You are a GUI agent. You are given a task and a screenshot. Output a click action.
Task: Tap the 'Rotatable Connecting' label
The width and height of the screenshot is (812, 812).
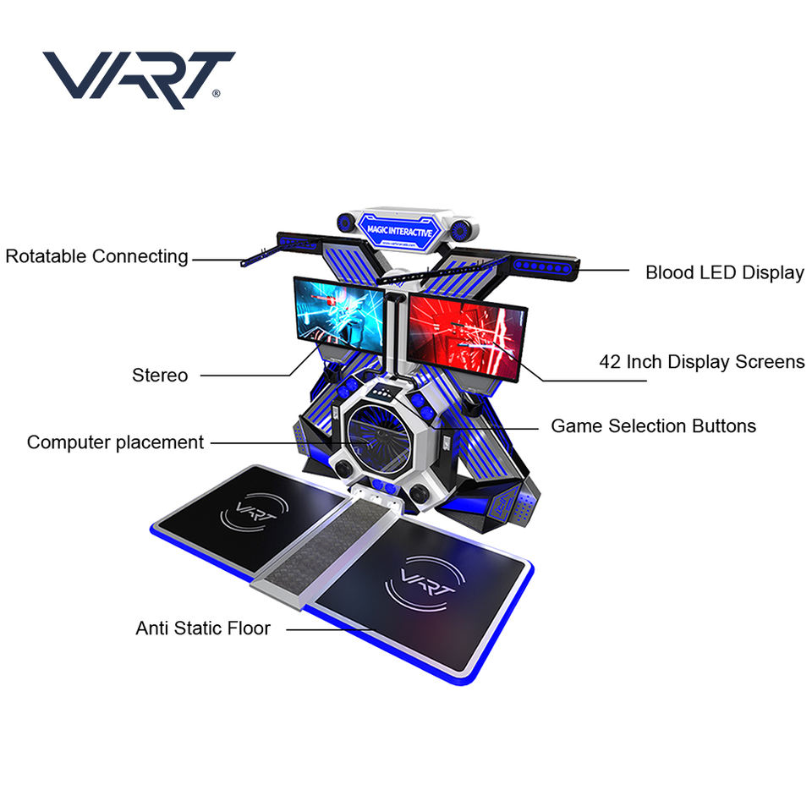pos(96,256)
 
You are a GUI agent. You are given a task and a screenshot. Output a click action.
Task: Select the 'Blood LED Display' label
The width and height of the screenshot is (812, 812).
pos(724,272)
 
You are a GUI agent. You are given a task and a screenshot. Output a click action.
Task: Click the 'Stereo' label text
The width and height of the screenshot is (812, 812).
pos(160,375)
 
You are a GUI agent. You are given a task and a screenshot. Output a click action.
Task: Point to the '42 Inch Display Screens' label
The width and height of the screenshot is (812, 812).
pos(702,362)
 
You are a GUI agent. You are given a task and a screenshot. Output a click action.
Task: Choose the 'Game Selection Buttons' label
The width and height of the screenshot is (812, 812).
pos(653,425)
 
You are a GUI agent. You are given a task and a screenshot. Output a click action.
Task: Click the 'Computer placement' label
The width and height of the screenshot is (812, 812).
pos(115,442)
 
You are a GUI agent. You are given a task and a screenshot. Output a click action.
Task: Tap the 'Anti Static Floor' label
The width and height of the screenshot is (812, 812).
pos(203,628)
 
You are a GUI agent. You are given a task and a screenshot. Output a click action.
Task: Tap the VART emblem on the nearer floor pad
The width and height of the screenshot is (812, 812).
pos(420,583)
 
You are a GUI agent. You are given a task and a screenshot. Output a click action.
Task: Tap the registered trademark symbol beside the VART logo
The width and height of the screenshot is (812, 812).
pos(217,95)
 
